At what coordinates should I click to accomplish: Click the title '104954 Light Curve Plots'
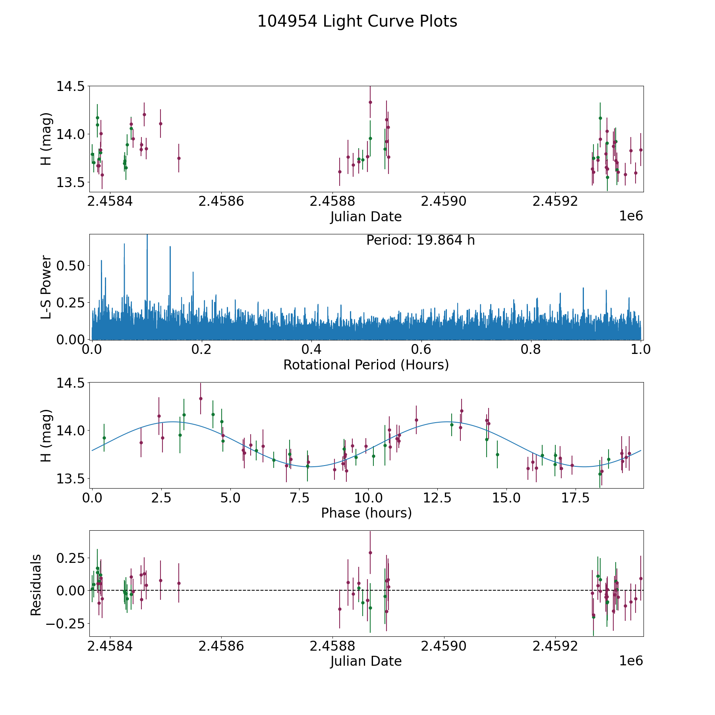tap(357, 21)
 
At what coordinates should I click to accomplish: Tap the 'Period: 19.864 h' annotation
tap(420, 240)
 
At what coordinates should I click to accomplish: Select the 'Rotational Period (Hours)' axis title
tap(366, 365)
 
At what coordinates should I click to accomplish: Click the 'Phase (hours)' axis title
tap(366, 513)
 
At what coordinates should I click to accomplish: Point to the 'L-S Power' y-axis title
tap(46, 287)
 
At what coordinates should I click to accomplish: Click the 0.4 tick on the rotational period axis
tap(311, 350)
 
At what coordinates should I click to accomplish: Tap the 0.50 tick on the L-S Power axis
tap(71, 265)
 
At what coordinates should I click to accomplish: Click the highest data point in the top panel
tap(370, 102)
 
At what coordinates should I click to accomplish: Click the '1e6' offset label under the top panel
tap(631, 216)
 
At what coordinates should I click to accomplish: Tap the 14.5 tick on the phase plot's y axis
tap(71, 383)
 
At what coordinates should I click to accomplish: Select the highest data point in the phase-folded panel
tap(201, 398)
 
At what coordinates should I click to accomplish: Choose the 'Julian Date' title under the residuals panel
tap(366, 661)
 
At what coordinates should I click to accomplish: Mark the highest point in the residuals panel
tap(370, 553)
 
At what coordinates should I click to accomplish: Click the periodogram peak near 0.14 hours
tap(170, 247)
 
